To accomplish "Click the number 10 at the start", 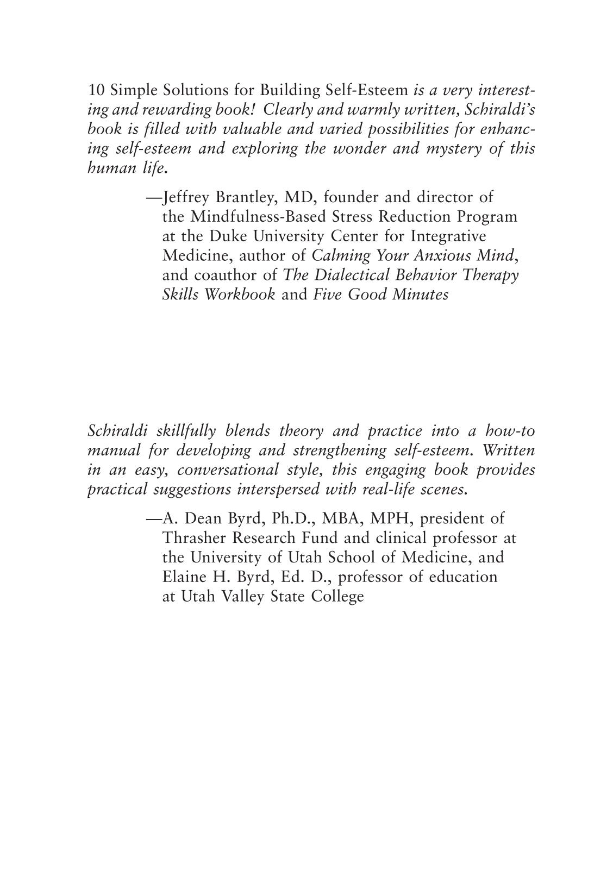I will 96,90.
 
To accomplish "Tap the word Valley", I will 242,597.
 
